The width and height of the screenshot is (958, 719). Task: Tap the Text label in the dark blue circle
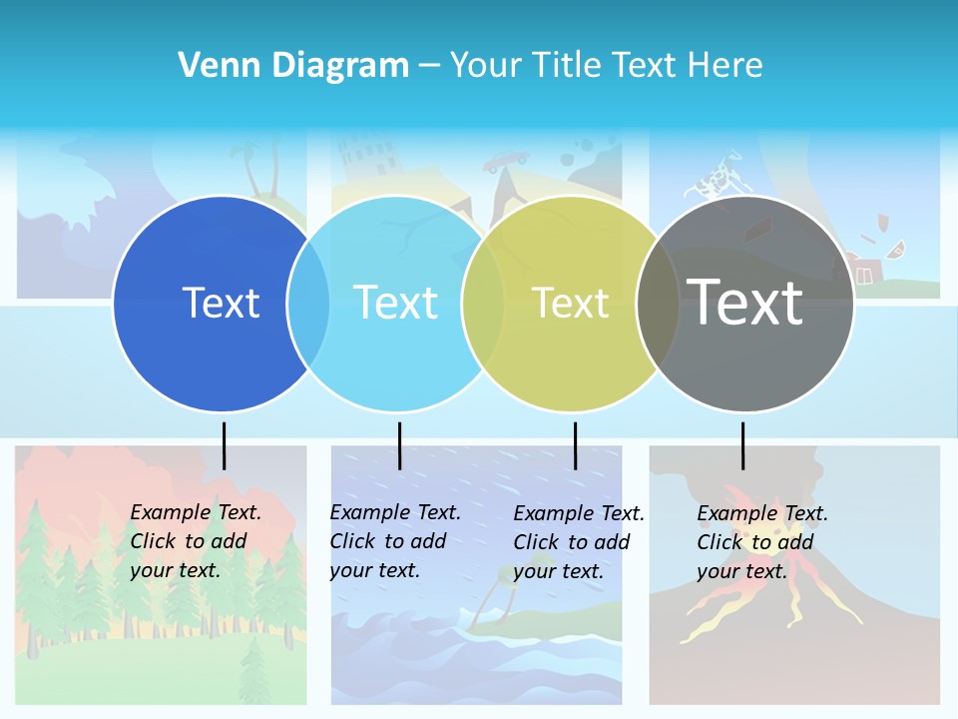(221, 303)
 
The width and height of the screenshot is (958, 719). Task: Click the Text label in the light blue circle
(396, 303)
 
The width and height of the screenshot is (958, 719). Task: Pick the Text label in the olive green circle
(571, 303)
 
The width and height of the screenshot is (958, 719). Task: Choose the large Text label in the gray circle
(745, 303)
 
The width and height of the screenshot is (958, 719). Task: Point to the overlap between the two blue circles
(308, 304)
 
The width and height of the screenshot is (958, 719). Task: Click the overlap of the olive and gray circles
(658, 304)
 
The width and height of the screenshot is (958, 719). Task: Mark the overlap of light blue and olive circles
(483, 304)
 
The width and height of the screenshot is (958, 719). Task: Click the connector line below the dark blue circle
(224, 445)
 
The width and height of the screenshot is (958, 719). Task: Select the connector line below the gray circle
(742, 445)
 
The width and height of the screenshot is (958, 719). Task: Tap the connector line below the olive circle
(575, 445)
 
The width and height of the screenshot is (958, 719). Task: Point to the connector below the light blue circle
(399, 445)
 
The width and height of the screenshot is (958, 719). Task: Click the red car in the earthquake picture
(507, 161)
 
